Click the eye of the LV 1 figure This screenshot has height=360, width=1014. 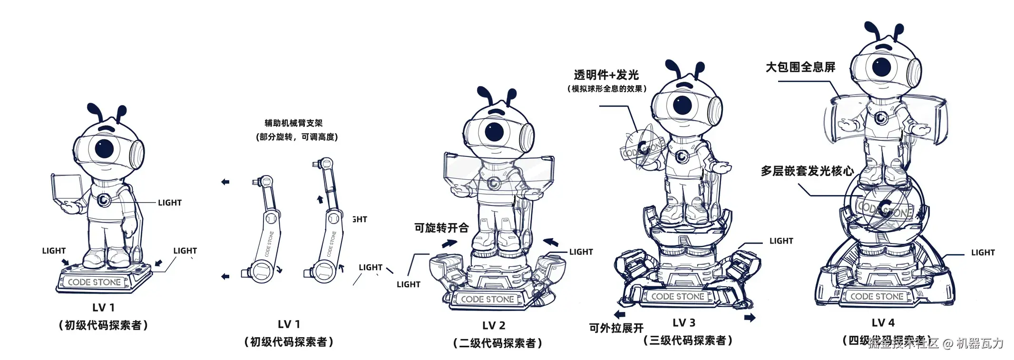coord(104,148)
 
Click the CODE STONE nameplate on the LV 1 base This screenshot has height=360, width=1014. coord(94,282)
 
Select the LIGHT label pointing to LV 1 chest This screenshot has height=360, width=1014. coord(169,203)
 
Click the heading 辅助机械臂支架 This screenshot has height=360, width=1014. coord(293,123)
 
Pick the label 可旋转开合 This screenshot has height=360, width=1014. coord(441,228)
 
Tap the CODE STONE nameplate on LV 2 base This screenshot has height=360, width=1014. coord(487,299)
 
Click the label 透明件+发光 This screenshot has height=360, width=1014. coord(605,75)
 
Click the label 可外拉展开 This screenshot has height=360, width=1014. coord(616,328)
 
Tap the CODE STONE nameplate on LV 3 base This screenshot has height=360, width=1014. coord(677,296)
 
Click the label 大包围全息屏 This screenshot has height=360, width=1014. coord(800,67)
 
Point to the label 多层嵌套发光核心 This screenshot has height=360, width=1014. coord(807,171)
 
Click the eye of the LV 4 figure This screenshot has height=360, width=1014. coord(881,66)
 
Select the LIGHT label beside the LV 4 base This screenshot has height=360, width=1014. coord(983,253)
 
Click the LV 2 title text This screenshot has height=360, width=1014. coord(494,326)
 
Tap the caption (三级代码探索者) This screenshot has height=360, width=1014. coord(688,341)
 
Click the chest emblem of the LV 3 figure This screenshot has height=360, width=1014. coord(682,156)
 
